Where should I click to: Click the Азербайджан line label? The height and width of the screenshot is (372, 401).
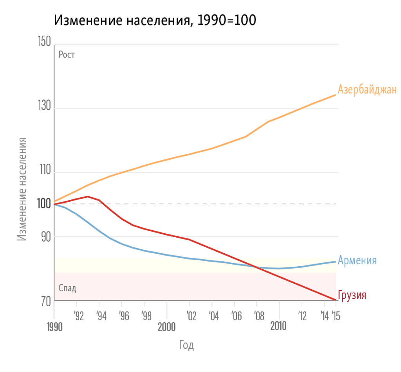(x=367, y=90)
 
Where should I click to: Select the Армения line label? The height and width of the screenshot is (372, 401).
(x=357, y=260)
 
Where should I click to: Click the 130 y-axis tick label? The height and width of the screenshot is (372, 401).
(x=44, y=107)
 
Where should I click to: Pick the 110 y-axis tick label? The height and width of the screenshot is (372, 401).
(x=44, y=171)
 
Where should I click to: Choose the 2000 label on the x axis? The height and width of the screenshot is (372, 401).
(x=166, y=327)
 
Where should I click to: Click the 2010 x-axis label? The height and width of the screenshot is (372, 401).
(x=278, y=326)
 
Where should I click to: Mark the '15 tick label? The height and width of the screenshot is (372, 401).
(x=336, y=316)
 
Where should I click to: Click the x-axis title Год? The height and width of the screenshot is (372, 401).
(x=187, y=345)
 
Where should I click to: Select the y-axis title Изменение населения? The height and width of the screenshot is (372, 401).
(x=22, y=189)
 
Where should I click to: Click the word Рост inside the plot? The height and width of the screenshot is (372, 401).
(x=67, y=55)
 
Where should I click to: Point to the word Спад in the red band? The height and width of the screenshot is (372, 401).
(x=67, y=289)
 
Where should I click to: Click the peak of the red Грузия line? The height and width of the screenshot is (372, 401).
(x=88, y=197)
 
